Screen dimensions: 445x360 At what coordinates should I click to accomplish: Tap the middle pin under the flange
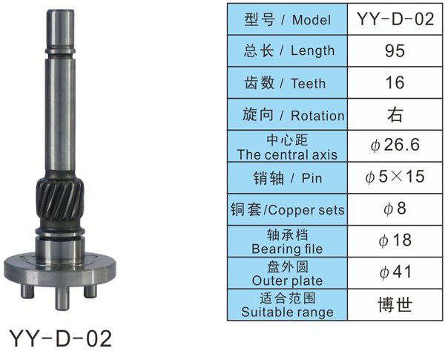click(62, 298)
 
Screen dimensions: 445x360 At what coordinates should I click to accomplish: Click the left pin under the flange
click(27, 291)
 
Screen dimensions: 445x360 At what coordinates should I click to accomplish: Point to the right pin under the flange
click(90, 291)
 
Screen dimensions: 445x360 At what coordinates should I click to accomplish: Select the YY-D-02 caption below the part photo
click(61, 338)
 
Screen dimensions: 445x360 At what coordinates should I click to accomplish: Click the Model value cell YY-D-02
click(395, 19)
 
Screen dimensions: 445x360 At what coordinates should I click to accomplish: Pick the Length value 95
click(395, 51)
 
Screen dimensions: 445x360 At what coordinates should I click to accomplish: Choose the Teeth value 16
click(395, 82)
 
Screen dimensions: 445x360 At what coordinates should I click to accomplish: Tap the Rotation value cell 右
click(395, 114)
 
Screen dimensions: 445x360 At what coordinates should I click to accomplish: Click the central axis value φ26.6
click(395, 145)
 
